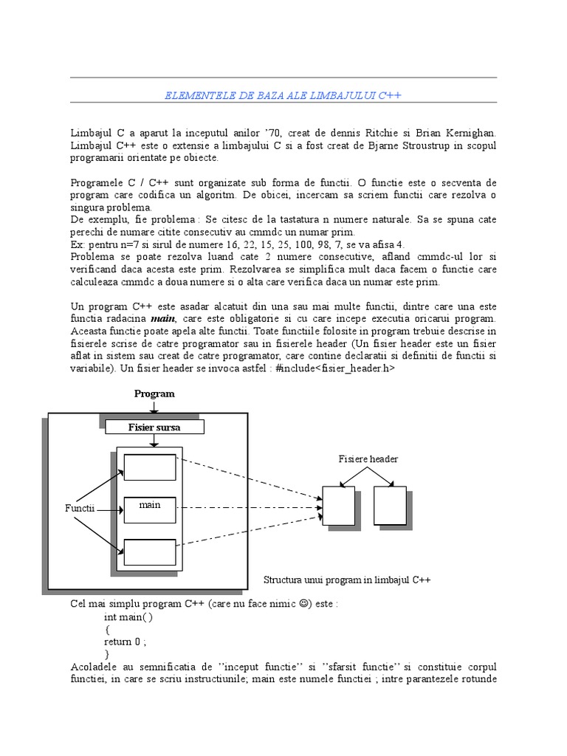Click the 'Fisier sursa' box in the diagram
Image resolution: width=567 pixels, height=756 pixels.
click(154, 427)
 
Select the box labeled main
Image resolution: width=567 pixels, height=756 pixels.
click(150, 508)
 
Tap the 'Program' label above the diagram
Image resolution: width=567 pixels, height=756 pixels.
click(154, 394)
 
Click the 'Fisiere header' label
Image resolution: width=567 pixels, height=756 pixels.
click(368, 459)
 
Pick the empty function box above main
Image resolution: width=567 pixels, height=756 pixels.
click(150, 467)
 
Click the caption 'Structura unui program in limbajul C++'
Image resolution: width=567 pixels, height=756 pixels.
click(347, 580)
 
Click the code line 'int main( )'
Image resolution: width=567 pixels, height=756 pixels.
click(129, 616)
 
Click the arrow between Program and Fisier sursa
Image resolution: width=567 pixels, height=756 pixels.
click(154, 408)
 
